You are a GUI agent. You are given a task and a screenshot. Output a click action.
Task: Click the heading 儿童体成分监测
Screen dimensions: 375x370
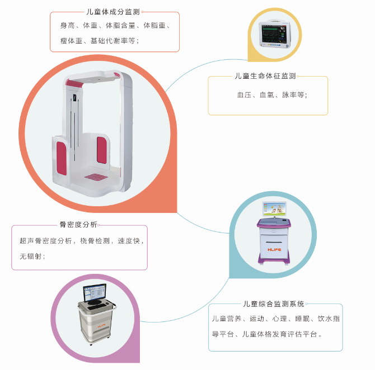tap(113, 12)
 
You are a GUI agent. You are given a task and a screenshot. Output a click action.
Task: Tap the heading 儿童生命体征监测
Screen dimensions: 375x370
tap(265, 76)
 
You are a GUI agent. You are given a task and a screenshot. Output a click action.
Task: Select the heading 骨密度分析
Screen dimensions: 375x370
tap(78, 224)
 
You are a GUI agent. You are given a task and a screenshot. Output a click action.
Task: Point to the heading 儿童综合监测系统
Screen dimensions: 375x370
tap(274, 304)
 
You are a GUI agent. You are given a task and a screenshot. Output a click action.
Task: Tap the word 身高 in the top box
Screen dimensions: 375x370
tap(67, 25)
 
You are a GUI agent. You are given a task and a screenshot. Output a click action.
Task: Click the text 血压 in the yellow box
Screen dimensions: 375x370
tap(244, 95)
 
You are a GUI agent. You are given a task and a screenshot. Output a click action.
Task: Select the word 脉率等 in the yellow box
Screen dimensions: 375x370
tap(293, 95)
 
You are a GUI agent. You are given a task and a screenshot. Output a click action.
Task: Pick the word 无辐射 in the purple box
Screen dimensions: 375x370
tap(31, 257)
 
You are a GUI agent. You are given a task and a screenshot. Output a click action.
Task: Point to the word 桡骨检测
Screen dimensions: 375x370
tap(95, 241)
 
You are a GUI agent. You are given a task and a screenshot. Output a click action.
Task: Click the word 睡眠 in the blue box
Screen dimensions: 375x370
tap(302, 319)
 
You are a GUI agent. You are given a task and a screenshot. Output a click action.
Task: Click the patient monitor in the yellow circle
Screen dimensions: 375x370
tap(275, 34)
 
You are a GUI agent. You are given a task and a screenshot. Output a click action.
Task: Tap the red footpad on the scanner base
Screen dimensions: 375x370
tap(96, 177)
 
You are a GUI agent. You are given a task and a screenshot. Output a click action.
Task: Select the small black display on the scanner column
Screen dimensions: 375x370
tap(75, 97)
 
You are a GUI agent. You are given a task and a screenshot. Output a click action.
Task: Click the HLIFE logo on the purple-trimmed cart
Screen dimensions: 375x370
tap(274, 250)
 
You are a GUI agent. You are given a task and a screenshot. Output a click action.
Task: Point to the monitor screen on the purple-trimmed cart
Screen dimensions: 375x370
tap(274, 209)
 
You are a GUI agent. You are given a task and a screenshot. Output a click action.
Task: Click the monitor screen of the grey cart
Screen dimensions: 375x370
tap(95, 292)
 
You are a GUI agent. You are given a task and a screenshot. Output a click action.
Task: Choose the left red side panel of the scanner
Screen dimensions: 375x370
tap(62, 158)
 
